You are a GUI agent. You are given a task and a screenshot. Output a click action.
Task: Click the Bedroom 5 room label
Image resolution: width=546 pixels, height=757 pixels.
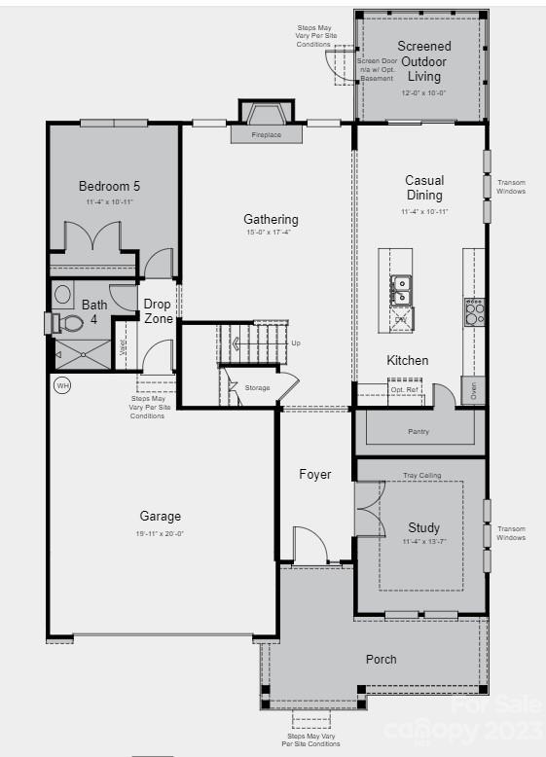109,186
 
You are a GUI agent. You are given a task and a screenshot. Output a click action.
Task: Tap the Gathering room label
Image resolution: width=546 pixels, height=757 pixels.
271,220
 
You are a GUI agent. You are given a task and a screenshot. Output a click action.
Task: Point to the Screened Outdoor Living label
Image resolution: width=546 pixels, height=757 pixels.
424,61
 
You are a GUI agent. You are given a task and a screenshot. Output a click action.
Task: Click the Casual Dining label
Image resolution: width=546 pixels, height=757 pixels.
424,188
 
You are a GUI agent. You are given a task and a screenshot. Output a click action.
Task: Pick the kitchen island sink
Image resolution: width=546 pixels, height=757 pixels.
401,290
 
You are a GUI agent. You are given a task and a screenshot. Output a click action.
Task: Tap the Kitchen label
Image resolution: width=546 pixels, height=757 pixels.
407,360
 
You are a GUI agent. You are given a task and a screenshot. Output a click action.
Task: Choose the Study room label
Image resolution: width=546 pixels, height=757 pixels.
423,528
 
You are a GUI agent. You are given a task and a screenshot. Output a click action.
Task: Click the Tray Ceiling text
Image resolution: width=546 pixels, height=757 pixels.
422,476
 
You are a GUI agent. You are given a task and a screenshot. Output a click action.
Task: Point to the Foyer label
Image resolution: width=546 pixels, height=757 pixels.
314,475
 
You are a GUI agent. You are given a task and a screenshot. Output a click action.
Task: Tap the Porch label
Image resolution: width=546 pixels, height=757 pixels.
381,659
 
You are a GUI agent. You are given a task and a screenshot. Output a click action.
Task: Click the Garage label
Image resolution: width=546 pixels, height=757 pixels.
160,517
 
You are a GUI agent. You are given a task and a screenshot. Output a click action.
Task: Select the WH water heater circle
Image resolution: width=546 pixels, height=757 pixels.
62,386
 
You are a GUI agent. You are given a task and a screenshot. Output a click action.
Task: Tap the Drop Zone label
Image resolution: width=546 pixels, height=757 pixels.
158,311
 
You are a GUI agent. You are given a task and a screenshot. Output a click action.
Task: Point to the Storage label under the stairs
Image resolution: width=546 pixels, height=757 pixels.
257,388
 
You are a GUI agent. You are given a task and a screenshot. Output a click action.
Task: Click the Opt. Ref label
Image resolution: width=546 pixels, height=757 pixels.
403,389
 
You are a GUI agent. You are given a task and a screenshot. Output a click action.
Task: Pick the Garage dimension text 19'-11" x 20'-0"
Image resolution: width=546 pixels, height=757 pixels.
160,533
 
